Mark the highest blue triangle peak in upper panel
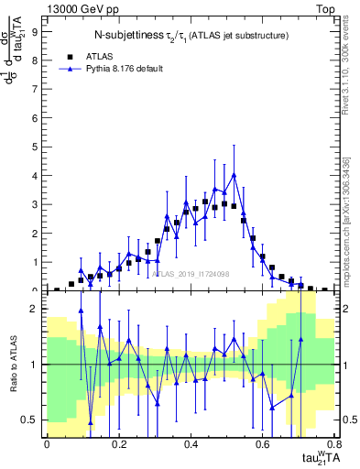coord(234,174)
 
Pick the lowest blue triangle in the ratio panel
coord(90,422)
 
